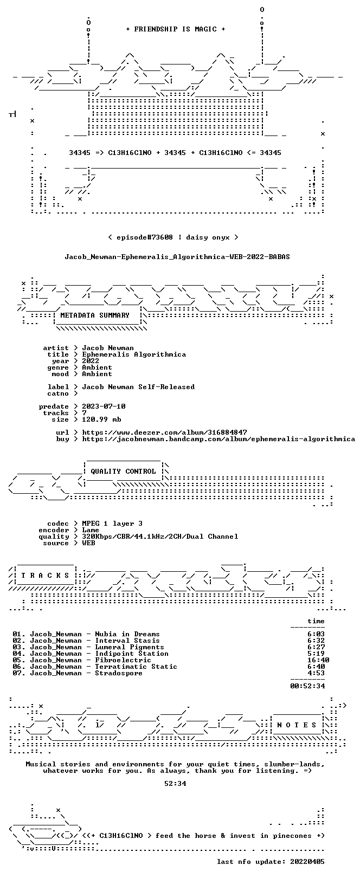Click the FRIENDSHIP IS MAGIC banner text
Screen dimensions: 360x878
175,29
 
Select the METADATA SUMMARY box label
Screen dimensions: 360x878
95,315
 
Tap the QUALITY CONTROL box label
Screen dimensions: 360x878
123,471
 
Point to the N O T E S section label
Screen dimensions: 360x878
297,725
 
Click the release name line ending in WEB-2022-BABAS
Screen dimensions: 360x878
177,257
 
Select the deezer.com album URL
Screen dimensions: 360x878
165,432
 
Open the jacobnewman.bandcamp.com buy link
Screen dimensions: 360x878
218,439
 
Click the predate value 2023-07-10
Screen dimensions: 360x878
104,406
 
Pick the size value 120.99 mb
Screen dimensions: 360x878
101,419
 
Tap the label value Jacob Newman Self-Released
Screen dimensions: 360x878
138,387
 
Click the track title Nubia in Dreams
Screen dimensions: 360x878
127,634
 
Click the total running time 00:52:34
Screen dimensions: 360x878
307,686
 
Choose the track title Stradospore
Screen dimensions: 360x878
119,673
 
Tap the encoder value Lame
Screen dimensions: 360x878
91,530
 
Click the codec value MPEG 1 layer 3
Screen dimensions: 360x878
112,524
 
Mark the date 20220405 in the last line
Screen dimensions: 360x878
307,862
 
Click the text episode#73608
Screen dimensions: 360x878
145,237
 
